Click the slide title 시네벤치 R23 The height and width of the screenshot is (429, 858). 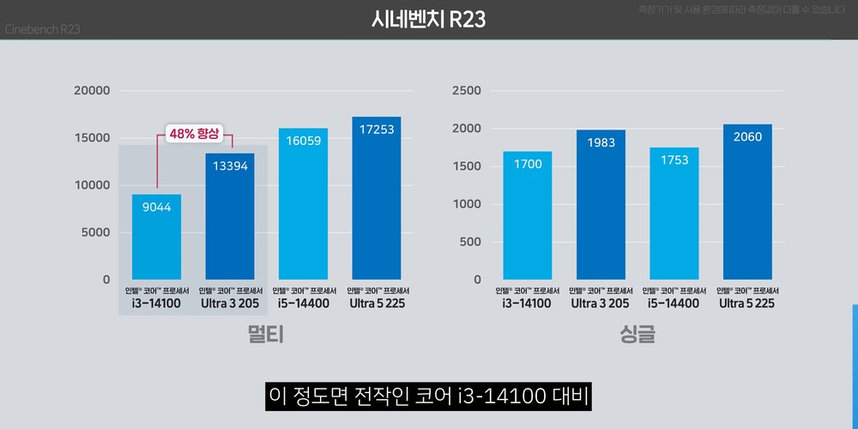[x=429, y=19]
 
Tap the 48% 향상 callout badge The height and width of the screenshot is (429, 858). [x=195, y=134]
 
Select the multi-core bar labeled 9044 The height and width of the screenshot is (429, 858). [x=156, y=237]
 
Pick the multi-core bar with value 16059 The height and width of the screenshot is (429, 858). [x=303, y=204]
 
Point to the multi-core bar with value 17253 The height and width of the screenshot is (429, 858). [x=376, y=198]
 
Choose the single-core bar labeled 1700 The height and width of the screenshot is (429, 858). [x=528, y=215]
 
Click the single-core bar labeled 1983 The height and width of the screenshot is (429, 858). [x=601, y=204]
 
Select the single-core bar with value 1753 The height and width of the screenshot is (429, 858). [x=674, y=214]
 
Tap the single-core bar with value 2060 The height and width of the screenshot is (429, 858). [x=747, y=202]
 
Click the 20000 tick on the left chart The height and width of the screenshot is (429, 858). [x=93, y=91]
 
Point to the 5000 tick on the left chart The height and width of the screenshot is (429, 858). [x=95, y=233]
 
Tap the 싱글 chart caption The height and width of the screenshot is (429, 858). [x=637, y=335]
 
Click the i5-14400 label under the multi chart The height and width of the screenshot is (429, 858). [x=303, y=303]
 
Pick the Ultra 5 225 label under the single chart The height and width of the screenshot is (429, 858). [x=747, y=303]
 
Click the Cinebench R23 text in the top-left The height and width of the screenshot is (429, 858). [x=44, y=29]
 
